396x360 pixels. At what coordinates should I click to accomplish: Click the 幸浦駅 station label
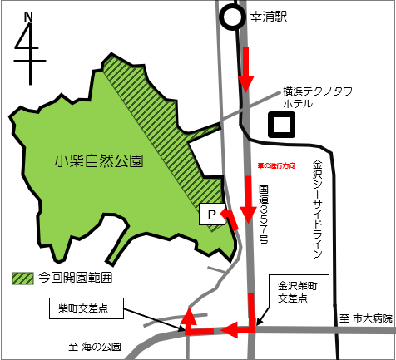coord(268,16)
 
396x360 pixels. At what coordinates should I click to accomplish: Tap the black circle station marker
coord(231,18)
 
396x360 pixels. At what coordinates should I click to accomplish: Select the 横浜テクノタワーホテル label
coord(309,97)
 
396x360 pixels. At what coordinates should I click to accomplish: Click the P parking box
coord(210,215)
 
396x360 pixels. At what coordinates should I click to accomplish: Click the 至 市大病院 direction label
coord(366,317)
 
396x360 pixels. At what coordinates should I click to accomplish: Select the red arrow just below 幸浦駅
coord(245,70)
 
